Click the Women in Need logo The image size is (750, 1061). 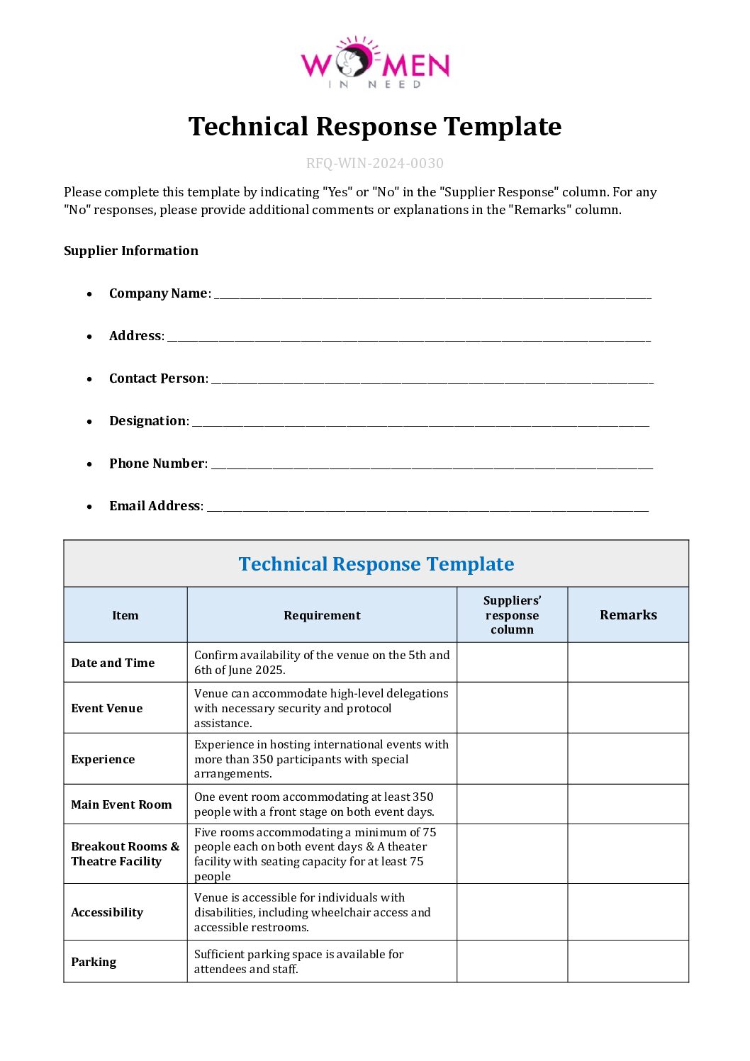coord(375,63)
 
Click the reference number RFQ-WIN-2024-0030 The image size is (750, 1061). coord(375,163)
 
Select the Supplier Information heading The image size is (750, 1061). coord(131,251)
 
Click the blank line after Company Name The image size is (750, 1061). coord(432,295)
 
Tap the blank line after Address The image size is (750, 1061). coord(408,337)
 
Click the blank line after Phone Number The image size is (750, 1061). coord(432,465)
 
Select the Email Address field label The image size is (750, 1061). coord(155,506)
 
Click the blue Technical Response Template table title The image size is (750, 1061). coord(376,564)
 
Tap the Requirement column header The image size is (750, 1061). coord(322,615)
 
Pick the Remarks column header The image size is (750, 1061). coord(628,615)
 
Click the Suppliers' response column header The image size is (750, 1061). coord(512,615)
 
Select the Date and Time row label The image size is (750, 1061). coord(113,663)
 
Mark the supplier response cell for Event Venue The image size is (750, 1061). coord(512,708)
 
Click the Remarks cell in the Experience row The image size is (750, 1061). coord(628,759)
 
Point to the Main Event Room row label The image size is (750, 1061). coord(121,804)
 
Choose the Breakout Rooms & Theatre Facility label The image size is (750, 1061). coord(125,854)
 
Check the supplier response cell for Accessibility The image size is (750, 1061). coord(512,912)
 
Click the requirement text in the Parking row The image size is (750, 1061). coord(298,962)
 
